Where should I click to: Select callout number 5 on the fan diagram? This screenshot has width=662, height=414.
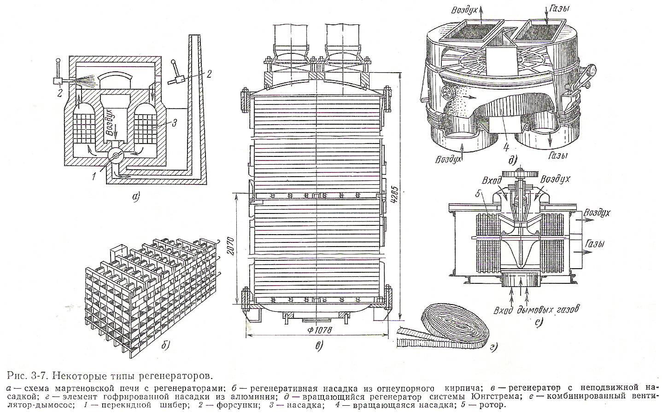[480, 195]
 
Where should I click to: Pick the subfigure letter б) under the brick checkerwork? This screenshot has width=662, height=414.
[165, 344]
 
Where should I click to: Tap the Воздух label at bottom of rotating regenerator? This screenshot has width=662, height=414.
[446, 159]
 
